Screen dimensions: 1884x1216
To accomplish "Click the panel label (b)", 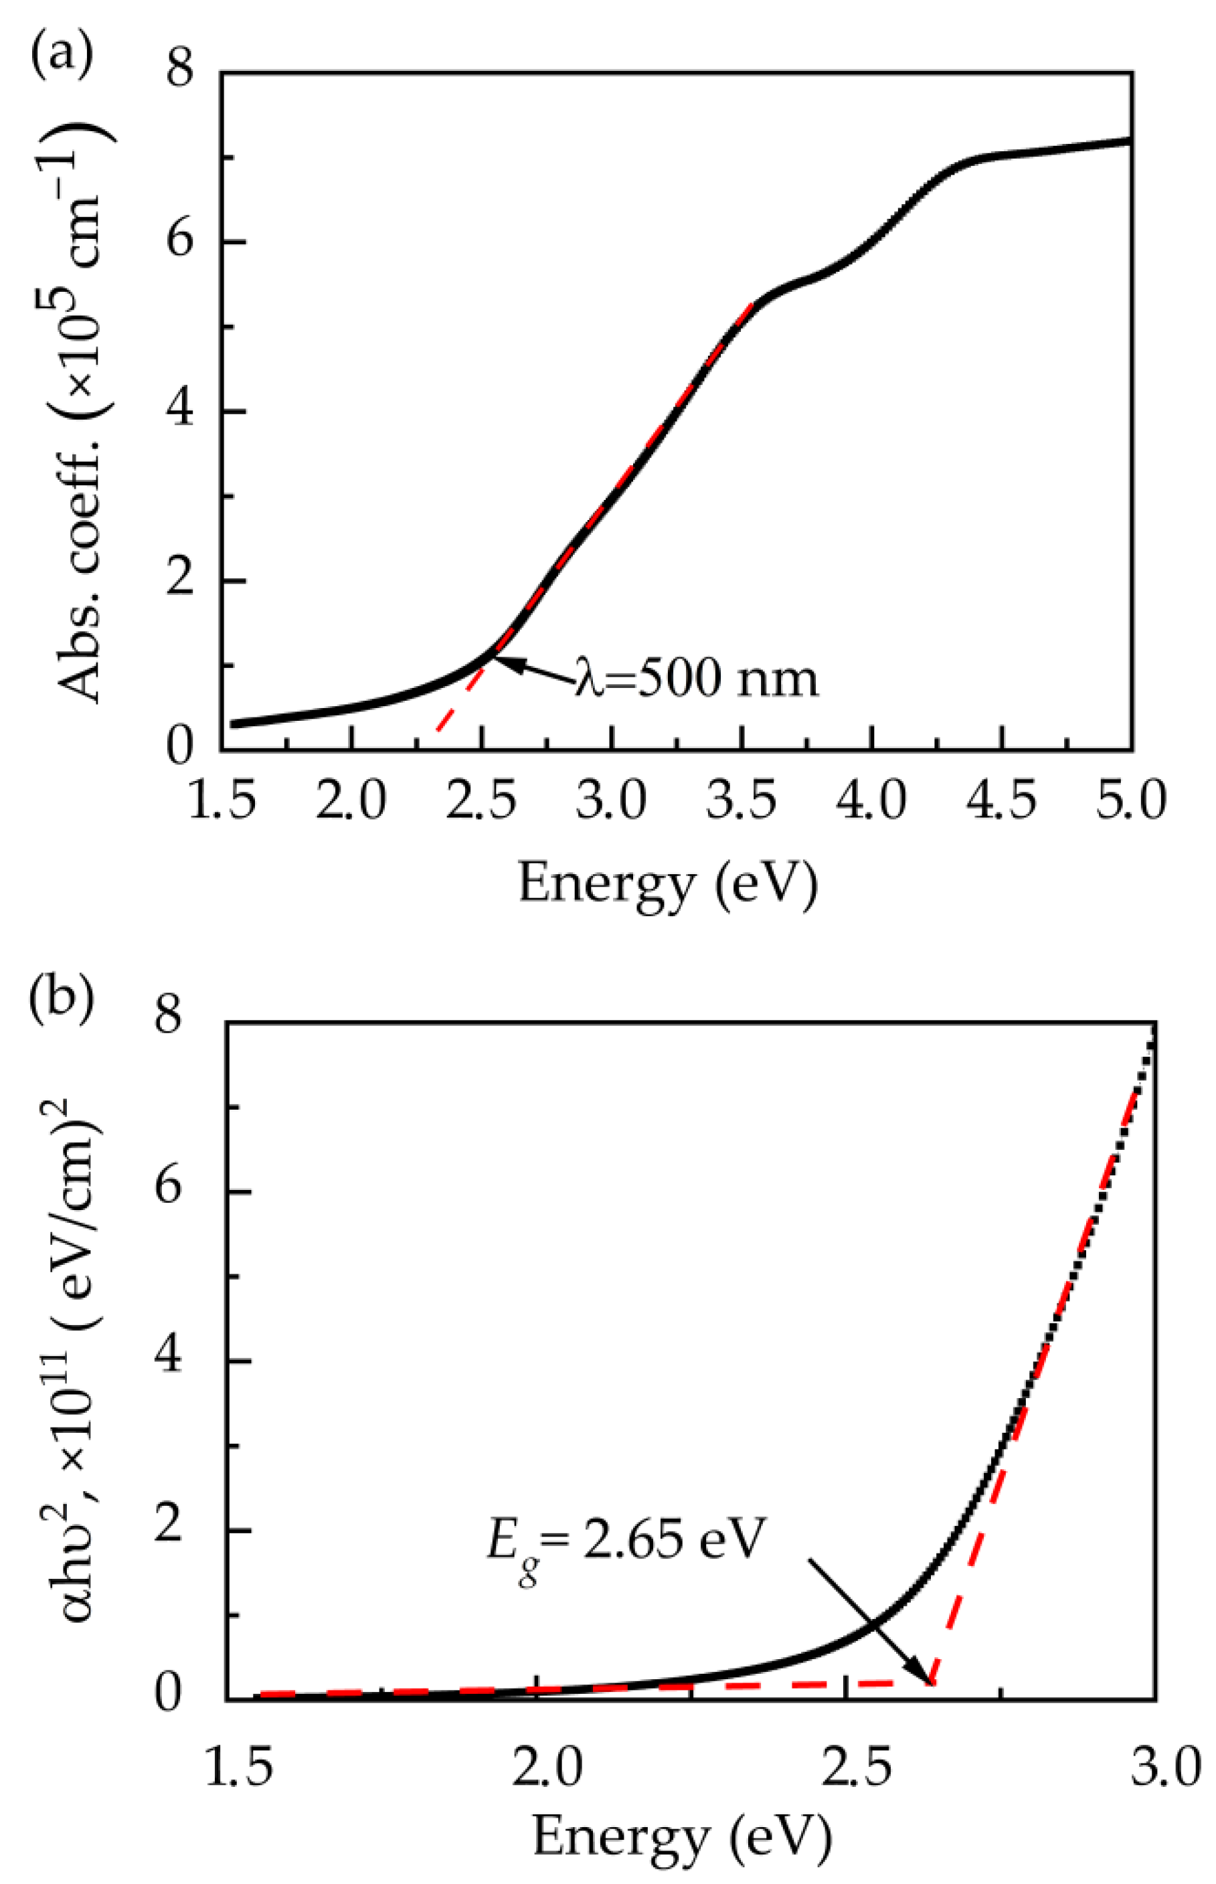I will coord(62,998).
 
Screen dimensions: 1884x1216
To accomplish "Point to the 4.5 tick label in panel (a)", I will coord(1001,801).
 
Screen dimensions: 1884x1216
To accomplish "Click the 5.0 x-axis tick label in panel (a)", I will coord(1131,801).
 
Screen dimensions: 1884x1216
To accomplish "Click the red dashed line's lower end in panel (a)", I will coord(439,727).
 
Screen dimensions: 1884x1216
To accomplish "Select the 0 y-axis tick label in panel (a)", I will coord(180,746).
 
